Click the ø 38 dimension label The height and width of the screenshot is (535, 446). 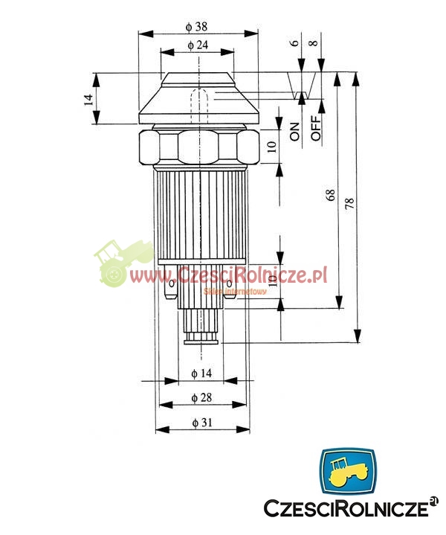coord(196,27)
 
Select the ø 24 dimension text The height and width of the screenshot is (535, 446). coord(198,45)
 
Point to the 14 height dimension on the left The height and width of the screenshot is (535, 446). coord(88,100)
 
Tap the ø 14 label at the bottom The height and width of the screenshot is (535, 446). coord(201,374)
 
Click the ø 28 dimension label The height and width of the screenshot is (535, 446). coord(201,397)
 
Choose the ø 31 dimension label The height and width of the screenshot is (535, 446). coord(202,423)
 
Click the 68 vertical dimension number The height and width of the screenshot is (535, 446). coord(330,195)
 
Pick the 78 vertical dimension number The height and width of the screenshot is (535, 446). coord(350,204)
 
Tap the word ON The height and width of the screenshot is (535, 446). coord(294,132)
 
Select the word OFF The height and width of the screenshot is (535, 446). coord(316,128)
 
